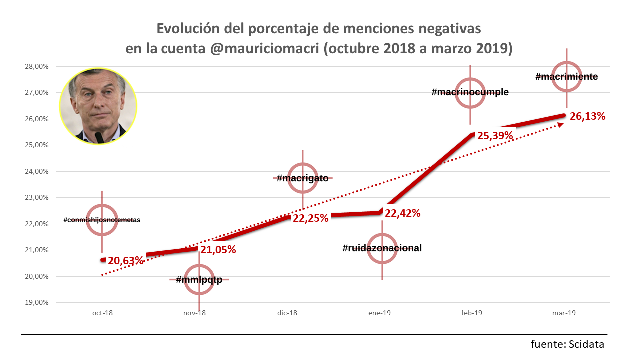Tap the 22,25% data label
[x=310, y=218]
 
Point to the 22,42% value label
[x=403, y=213]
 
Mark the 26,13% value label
[x=588, y=116]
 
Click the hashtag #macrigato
[x=302, y=178]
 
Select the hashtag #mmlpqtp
[x=199, y=279]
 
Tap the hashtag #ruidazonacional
[x=382, y=248]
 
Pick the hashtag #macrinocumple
[x=470, y=92]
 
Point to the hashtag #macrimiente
[x=566, y=77]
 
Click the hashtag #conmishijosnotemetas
[x=102, y=220]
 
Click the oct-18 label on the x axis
[x=102, y=313]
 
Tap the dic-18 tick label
[x=287, y=313]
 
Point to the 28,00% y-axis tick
[x=37, y=66]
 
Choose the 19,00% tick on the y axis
[x=37, y=302]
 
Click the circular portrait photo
[x=98, y=106]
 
